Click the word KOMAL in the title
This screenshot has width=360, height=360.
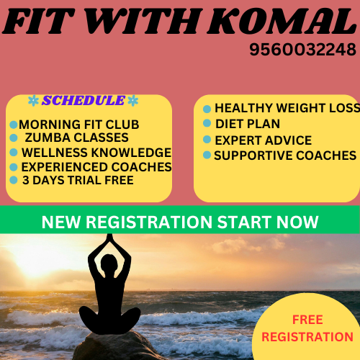click(282, 22)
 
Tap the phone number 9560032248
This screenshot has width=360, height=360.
click(303, 50)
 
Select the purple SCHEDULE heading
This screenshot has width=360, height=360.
click(84, 100)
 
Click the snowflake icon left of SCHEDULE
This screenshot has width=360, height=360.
click(33, 101)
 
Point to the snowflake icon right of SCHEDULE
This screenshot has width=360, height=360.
click(133, 101)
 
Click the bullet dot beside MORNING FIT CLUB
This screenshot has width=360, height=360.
click(14, 125)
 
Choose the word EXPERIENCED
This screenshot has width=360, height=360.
click(65, 167)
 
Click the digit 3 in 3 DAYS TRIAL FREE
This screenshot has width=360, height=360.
click(26, 180)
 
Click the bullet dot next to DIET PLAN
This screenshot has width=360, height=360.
click(207, 123)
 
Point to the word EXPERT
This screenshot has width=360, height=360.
click(238, 140)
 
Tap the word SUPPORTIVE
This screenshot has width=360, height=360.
click(253, 156)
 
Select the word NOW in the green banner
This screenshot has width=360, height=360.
click(297, 222)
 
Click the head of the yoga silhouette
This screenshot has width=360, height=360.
click(109, 263)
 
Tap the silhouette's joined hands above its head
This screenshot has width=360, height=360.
click(109, 238)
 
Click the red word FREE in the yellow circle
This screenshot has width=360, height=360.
click(307, 320)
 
